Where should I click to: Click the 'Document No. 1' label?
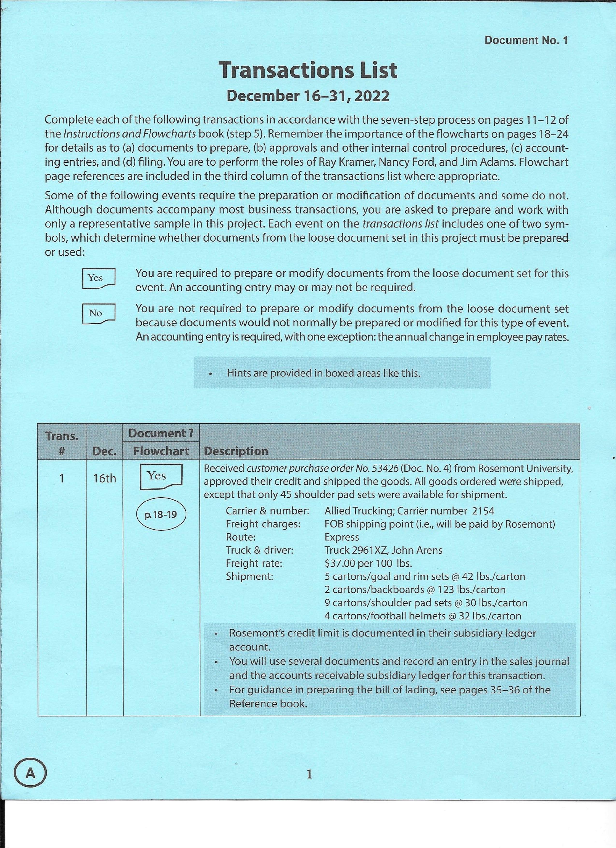526,40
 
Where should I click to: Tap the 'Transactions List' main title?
308,70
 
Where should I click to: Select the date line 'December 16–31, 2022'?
308,96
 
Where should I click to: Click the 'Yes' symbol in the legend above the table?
99,278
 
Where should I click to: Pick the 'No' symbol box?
99,313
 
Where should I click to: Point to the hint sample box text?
323,373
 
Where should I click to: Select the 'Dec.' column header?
105,451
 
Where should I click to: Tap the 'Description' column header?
236,451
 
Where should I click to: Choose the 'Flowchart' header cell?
161,451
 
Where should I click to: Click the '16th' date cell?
105,479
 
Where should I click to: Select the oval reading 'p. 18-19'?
161,515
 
